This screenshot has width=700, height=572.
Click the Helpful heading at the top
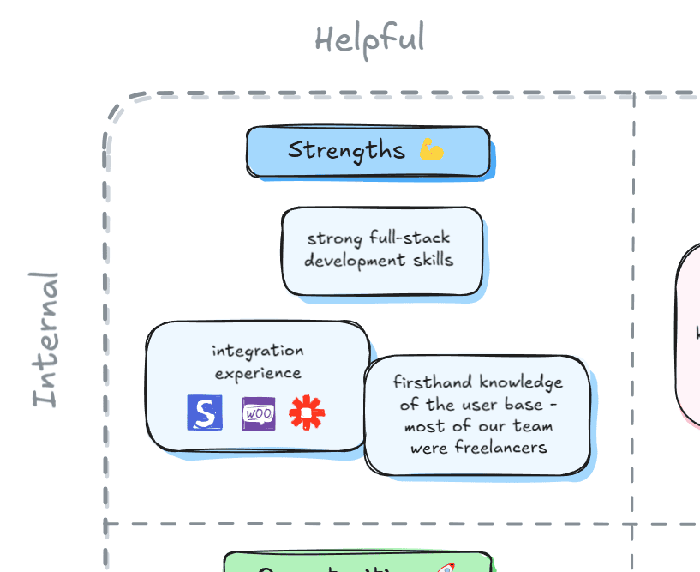pyautogui.click(x=369, y=39)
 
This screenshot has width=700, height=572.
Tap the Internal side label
pyautogui.click(x=46, y=340)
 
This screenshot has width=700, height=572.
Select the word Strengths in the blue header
pyautogui.click(x=346, y=150)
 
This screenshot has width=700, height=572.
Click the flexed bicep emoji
pyautogui.click(x=432, y=150)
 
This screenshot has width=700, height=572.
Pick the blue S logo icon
pyautogui.click(x=205, y=412)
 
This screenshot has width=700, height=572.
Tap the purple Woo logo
pyautogui.click(x=258, y=412)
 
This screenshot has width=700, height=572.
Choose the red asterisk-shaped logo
pyautogui.click(x=308, y=412)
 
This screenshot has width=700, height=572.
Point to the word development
pyautogui.click(x=348, y=259)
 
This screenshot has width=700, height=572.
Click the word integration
pyautogui.click(x=258, y=351)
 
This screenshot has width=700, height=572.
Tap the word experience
pyautogui.click(x=258, y=373)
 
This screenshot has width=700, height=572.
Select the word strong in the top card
pyautogui.click(x=335, y=238)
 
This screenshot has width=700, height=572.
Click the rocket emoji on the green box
pyautogui.click(x=446, y=568)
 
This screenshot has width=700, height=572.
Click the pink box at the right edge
pyautogui.click(x=691, y=334)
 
